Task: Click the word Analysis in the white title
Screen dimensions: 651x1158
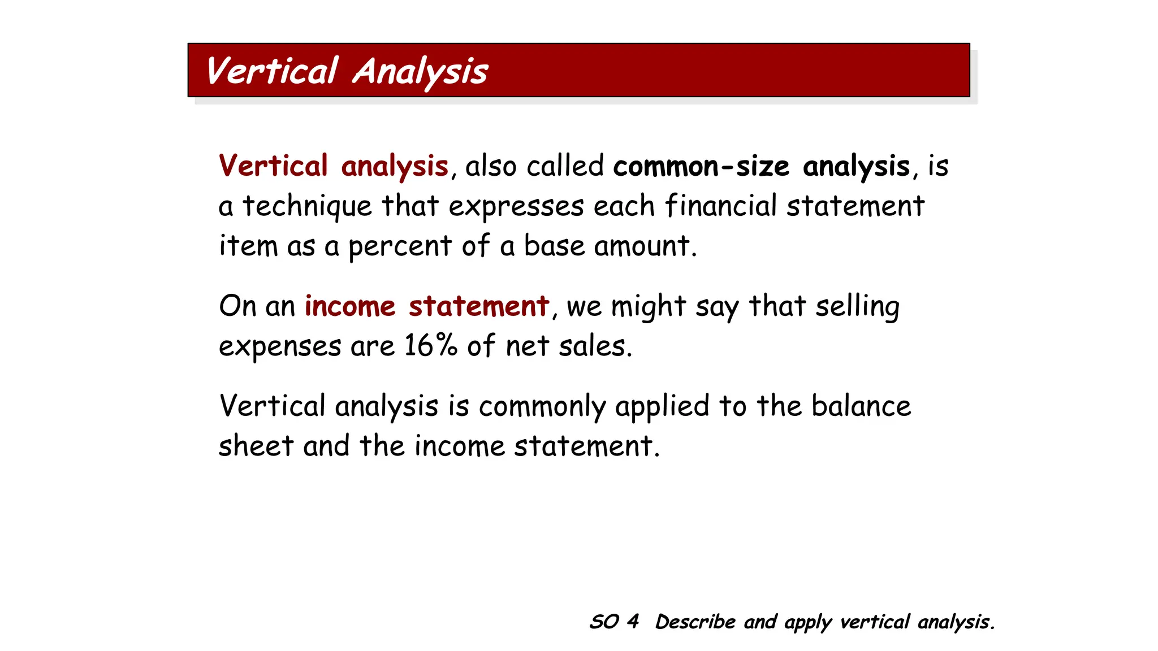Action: pyautogui.click(x=420, y=72)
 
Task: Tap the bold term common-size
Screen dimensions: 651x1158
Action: pyautogui.click(x=701, y=166)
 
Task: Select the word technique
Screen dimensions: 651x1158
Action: pyautogui.click(x=307, y=206)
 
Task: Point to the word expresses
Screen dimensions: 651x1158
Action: pyautogui.click(x=516, y=206)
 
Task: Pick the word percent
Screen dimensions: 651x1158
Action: pyautogui.click(x=400, y=246)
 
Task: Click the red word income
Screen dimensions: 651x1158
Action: pyautogui.click(x=350, y=306)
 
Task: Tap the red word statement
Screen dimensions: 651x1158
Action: pyautogui.click(x=479, y=306)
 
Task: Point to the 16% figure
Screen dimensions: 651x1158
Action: pyautogui.click(x=430, y=345)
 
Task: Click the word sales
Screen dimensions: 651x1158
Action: pyautogui.click(x=595, y=345)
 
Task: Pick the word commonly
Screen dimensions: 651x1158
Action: pyautogui.click(x=542, y=407)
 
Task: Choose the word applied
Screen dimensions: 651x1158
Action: pyautogui.click(x=662, y=407)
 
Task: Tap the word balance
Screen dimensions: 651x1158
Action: pyautogui.click(x=861, y=406)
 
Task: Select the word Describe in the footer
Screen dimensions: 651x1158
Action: pyautogui.click(x=695, y=622)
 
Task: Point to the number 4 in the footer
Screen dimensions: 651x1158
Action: pyautogui.click(x=633, y=622)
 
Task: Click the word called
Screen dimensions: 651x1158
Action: pyautogui.click(x=565, y=166)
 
